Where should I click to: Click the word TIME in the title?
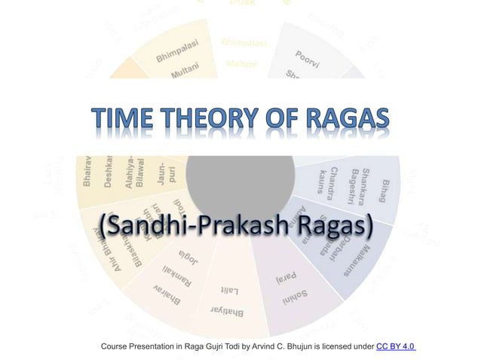(129, 120)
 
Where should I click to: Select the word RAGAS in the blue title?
(346, 120)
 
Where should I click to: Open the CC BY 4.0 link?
(397, 346)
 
